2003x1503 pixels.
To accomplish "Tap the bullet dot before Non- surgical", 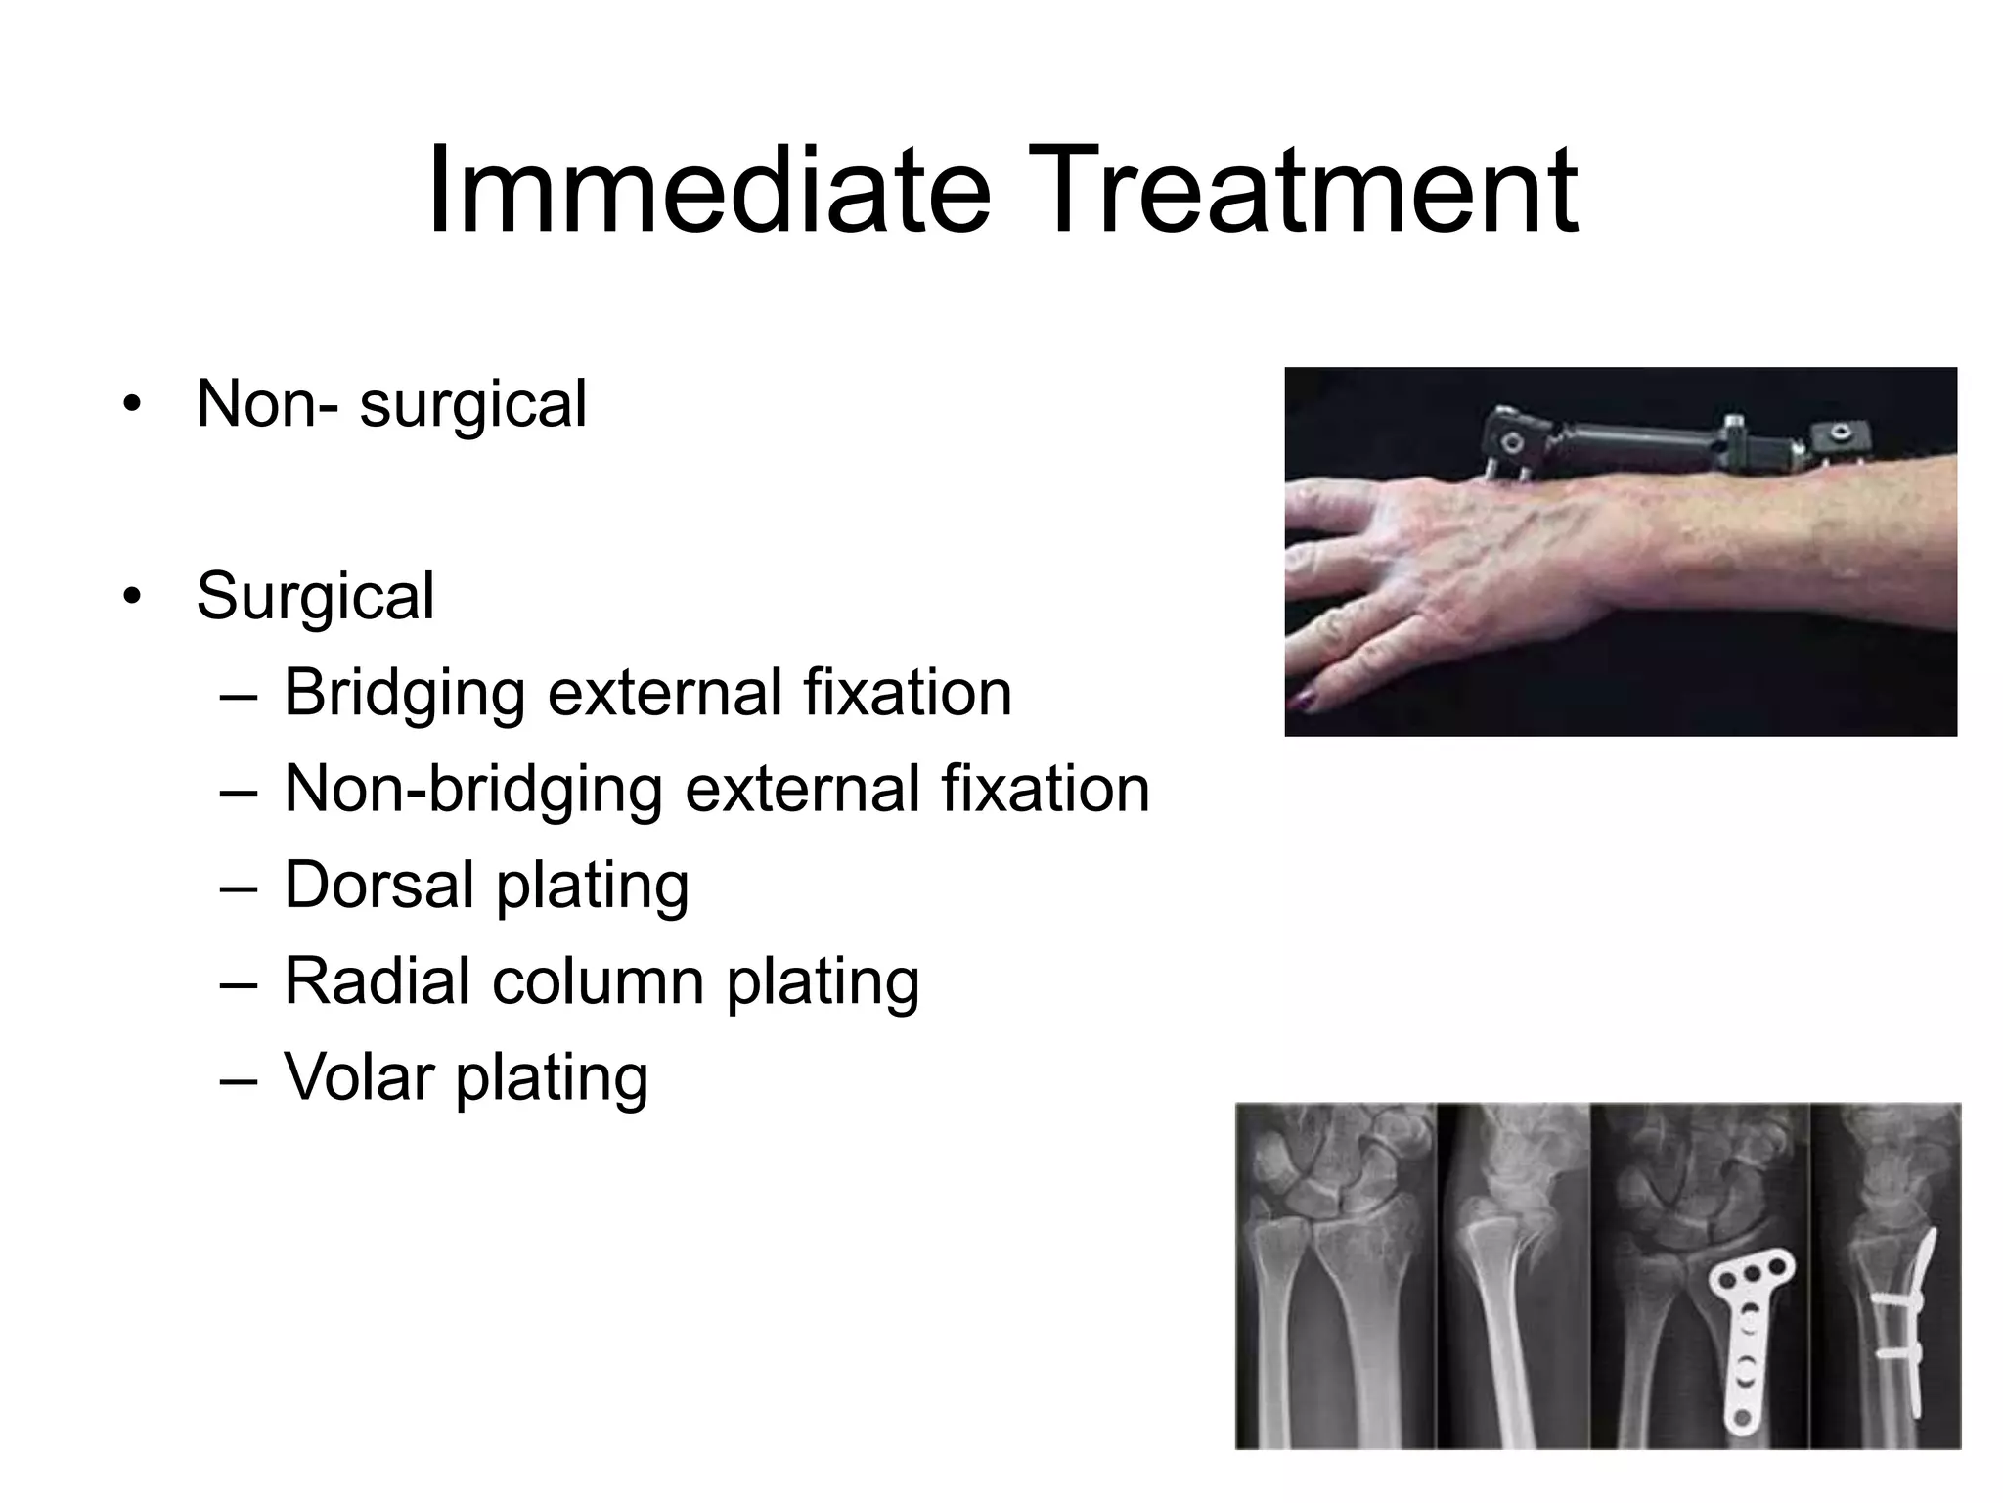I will tap(132, 404).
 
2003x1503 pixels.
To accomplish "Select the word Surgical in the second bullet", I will tap(315, 597).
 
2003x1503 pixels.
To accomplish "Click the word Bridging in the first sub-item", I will tap(405, 694).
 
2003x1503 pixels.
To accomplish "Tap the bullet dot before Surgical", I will tap(132, 596).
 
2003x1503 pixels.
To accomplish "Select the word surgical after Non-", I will tap(473, 404).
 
